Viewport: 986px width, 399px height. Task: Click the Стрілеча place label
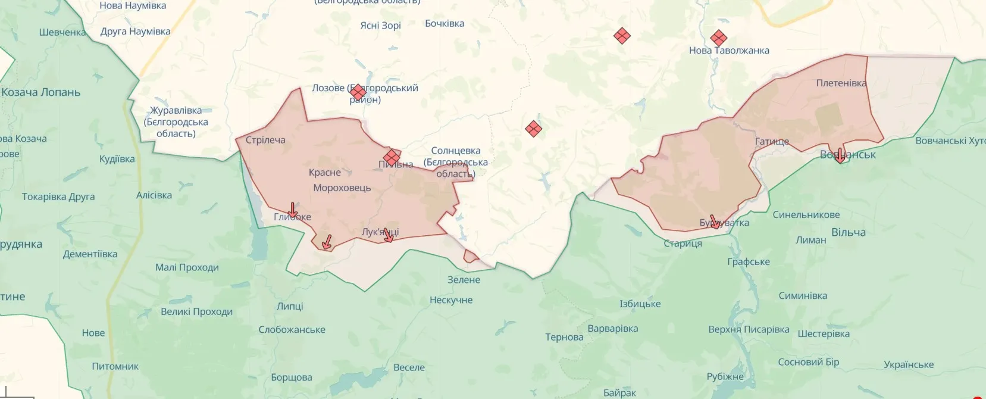(x=265, y=140)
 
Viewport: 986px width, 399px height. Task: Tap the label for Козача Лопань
(x=41, y=92)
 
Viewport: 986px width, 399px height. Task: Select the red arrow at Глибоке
(x=292, y=210)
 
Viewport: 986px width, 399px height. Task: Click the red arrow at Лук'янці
(x=388, y=235)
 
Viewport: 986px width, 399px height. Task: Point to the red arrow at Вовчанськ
(x=840, y=155)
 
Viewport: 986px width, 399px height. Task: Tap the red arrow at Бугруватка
(x=715, y=222)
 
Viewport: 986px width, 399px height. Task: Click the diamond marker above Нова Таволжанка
(x=718, y=38)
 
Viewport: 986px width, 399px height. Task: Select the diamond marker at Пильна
(x=392, y=157)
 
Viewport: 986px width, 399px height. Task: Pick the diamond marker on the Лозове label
(x=358, y=92)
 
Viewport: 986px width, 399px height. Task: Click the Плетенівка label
(x=841, y=83)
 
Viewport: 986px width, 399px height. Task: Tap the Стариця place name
(x=683, y=244)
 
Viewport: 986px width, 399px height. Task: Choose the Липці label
(x=290, y=306)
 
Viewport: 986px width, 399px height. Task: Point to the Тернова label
(x=564, y=337)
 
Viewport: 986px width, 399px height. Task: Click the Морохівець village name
(x=342, y=188)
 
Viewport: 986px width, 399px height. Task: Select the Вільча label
(x=848, y=232)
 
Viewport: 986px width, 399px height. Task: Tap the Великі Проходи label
(x=196, y=311)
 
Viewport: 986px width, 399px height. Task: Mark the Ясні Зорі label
(x=380, y=26)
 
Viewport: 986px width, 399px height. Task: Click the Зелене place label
(x=464, y=280)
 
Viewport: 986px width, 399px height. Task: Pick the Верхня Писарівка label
(x=749, y=329)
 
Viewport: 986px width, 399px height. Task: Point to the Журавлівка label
(x=176, y=111)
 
